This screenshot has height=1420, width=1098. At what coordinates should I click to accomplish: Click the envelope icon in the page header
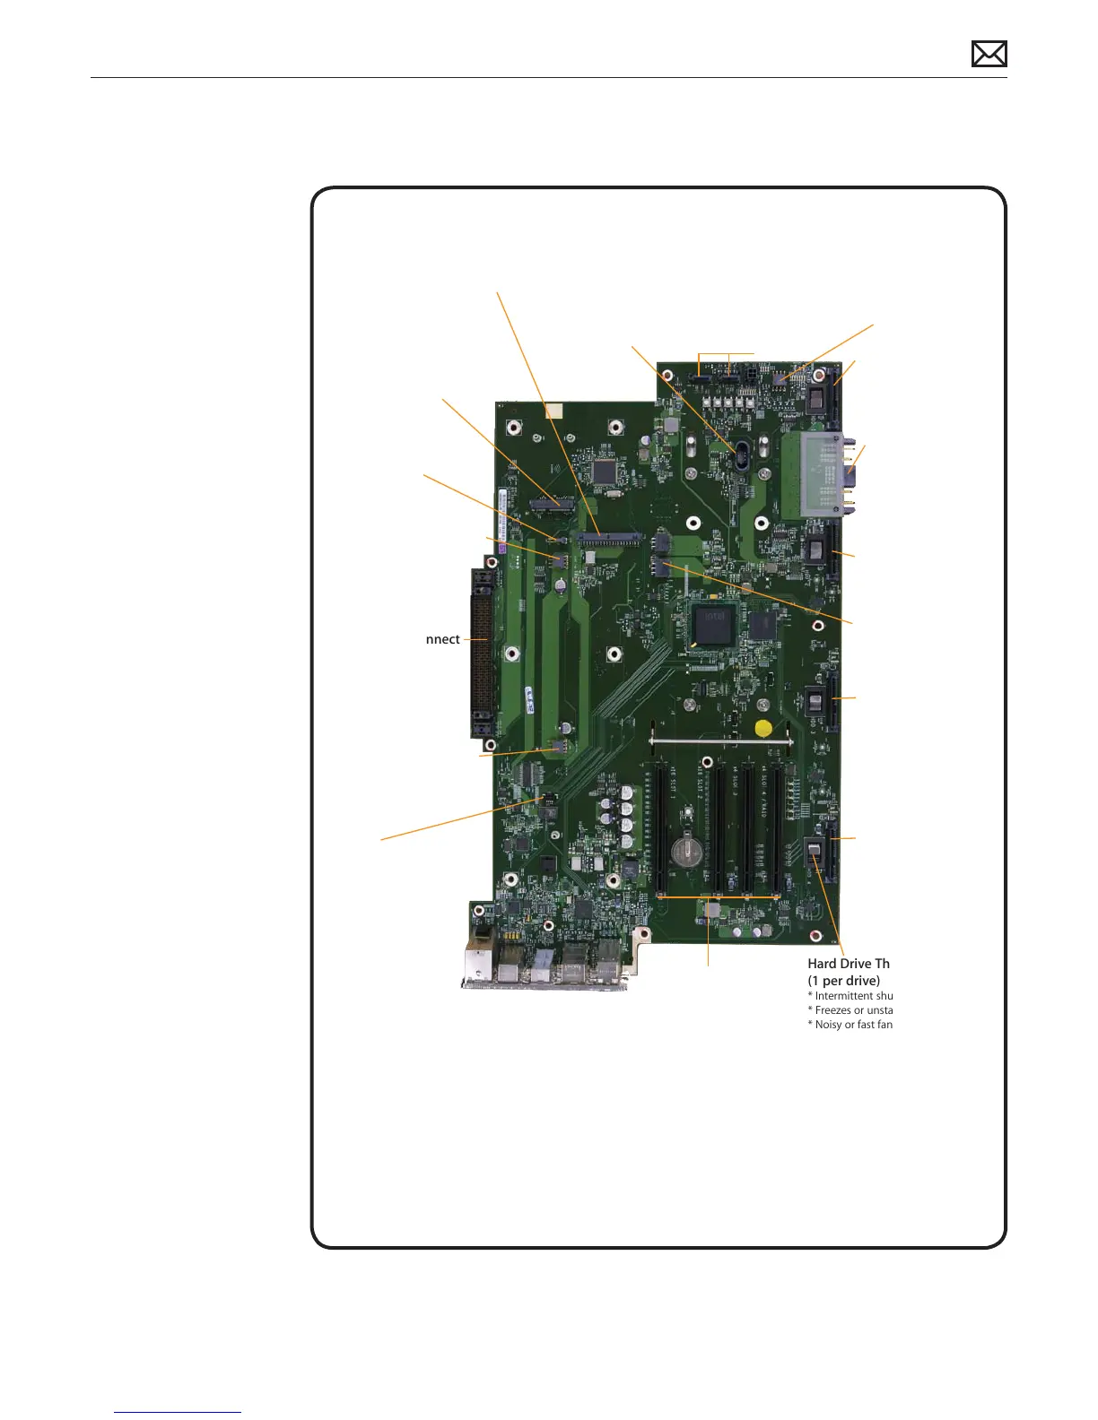(989, 55)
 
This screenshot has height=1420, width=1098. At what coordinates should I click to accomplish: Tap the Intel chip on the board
(713, 625)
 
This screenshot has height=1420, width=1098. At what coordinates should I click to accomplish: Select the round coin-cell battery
(687, 851)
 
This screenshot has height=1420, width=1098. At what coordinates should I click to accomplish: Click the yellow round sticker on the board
(763, 728)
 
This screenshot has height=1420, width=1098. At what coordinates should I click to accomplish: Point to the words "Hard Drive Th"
(849, 964)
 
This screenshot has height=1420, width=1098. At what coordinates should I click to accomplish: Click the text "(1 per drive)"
(843, 981)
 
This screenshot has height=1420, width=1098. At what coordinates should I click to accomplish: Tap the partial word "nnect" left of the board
(442, 639)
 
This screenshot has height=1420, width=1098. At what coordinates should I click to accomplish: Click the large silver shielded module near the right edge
(812, 476)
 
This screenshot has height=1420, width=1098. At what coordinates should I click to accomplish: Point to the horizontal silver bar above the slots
(721, 742)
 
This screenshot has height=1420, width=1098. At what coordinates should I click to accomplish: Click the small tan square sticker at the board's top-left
(553, 411)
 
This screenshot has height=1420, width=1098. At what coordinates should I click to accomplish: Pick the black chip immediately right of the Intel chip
(762, 625)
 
